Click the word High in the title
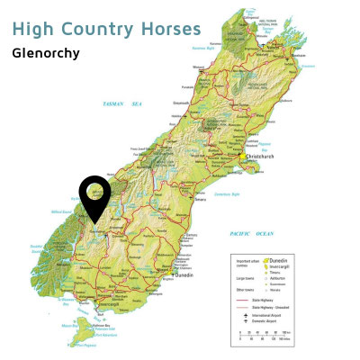(x=33, y=29)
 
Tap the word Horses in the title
(x=169, y=29)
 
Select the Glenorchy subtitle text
(x=46, y=53)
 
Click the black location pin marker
(x=94, y=196)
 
